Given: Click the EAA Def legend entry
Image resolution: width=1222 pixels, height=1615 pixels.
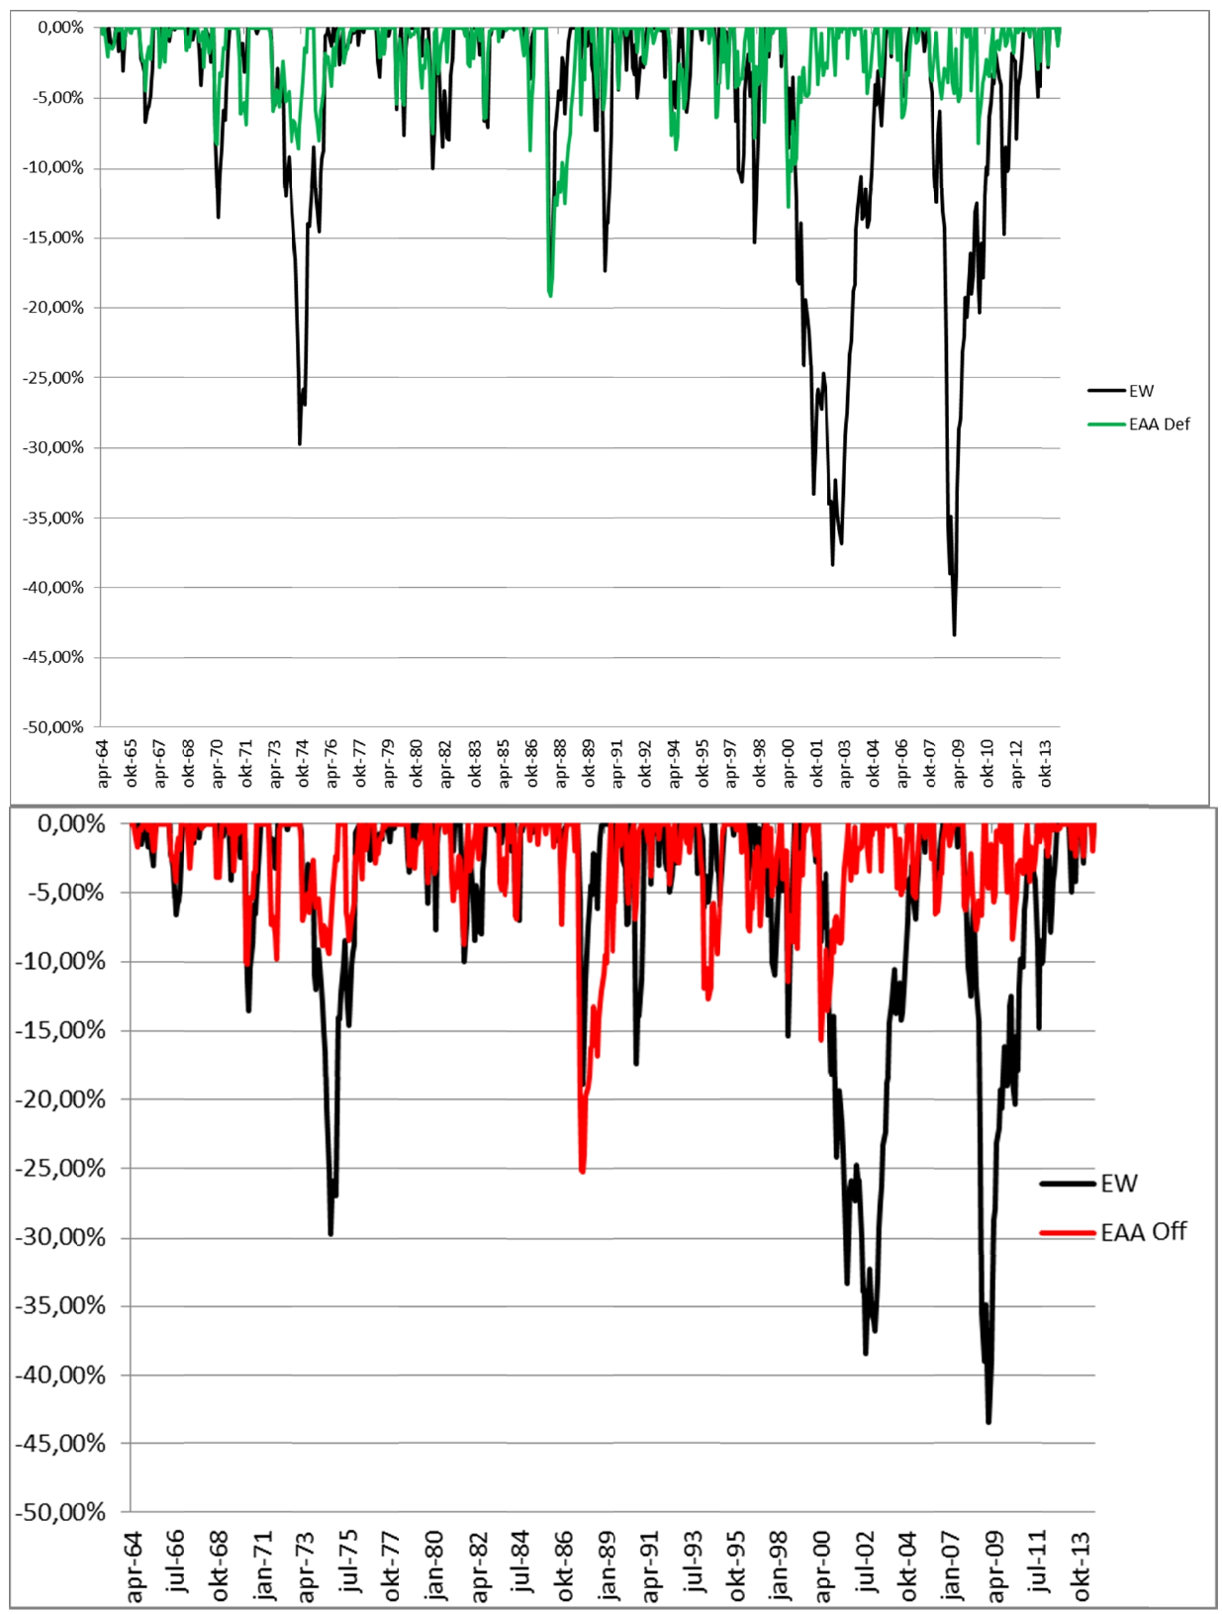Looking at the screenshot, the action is point(1138,424).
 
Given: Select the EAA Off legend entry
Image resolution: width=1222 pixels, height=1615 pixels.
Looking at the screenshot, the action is point(1113,1232).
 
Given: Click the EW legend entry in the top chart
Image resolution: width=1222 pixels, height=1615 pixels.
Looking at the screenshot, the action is point(1121,391).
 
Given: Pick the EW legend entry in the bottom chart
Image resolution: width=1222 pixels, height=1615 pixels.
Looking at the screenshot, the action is point(1088,1184).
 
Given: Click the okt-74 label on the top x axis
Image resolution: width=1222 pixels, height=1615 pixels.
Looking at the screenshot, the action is point(303,764).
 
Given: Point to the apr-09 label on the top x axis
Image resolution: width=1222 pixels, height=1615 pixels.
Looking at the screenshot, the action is point(958,764).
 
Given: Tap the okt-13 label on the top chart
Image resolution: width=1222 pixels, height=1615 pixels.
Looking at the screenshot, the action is point(1044,764).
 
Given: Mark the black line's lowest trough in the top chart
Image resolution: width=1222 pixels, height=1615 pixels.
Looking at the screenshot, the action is point(954,634).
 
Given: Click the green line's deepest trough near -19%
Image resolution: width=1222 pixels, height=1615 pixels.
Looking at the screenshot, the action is point(550,295).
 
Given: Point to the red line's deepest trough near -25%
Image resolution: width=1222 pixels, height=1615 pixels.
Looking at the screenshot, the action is point(582,1171).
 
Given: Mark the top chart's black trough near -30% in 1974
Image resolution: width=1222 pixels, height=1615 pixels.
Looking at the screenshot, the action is point(300,443).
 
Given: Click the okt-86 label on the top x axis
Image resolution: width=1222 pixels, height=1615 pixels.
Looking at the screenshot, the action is point(531,764).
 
